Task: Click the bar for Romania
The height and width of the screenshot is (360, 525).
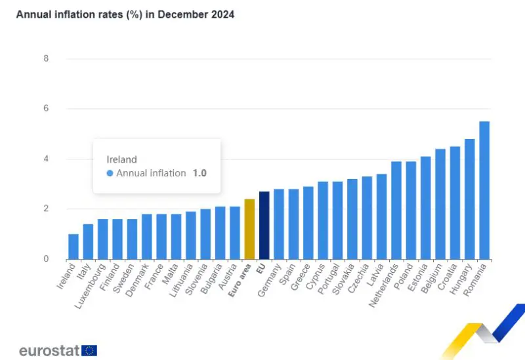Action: tap(484, 190)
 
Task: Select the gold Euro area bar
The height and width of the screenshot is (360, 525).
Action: tap(249, 229)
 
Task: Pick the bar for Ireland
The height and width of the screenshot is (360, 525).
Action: tap(73, 247)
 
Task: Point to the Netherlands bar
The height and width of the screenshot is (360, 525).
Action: tap(396, 210)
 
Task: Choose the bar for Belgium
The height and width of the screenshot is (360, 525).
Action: tap(440, 204)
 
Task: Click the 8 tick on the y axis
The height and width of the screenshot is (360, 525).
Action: tap(45, 58)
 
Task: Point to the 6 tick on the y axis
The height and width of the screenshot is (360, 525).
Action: tap(45, 109)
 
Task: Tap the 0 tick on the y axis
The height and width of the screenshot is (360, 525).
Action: tap(45, 259)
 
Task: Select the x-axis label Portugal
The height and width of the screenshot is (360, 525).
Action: tap(330, 279)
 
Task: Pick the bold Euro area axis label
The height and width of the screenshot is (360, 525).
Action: tap(240, 281)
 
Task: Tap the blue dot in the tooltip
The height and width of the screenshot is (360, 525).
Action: tap(110, 174)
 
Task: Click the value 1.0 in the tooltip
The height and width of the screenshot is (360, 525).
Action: tap(199, 174)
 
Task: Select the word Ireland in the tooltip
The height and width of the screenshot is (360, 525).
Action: tap(121, 159)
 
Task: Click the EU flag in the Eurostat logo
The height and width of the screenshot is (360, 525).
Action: tap(89, 350)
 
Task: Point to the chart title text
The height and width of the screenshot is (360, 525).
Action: tap(125, 14)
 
